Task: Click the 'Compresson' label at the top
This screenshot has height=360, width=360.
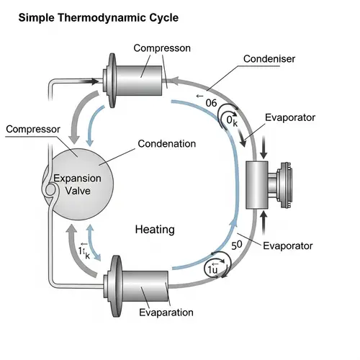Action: (162, 48)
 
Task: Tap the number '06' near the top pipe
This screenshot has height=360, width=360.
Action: (211, 103)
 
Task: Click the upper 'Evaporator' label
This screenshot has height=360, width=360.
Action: (289, 118)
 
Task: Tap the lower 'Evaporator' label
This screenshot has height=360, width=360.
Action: (289, 246)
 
